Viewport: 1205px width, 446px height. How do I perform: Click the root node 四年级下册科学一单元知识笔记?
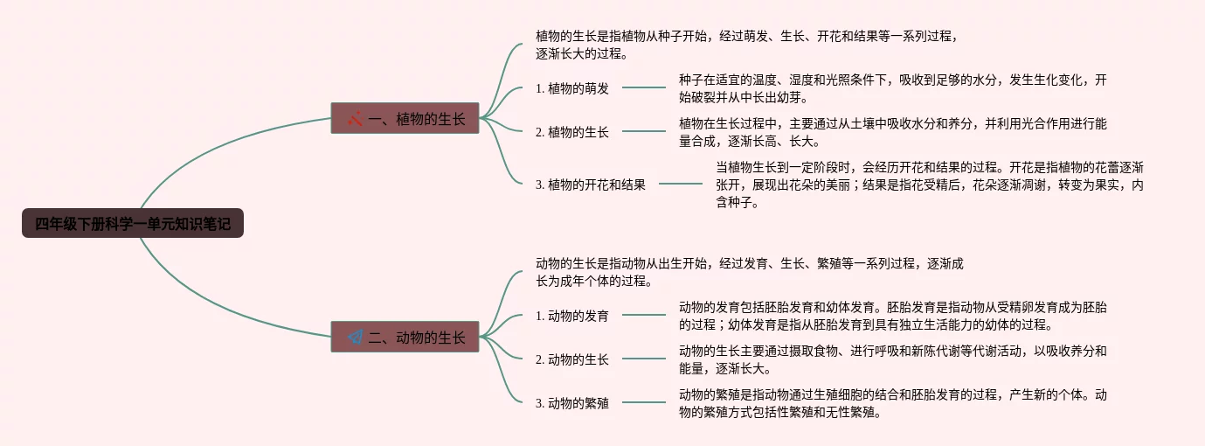click(x=133, y=224)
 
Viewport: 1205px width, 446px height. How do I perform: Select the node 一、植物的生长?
click(x=405, y=118)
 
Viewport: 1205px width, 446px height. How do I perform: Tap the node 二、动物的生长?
click(x=405, y=337)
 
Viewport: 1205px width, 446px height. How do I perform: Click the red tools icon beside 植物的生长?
click(x=355, y=118)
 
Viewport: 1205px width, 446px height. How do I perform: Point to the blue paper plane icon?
click(x=355, y=337)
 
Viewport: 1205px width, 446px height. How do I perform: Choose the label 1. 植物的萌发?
click(x=572, y=87)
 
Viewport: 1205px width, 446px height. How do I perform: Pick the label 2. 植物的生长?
click(x=572, y=132)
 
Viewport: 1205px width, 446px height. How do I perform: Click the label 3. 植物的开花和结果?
click(x=591, y=185)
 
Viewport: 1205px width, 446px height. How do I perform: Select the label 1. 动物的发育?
click(x=572, y=315)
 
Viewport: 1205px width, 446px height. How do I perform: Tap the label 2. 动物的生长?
click(x=572, y=359)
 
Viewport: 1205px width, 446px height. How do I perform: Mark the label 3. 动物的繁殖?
click(x=572, y=403)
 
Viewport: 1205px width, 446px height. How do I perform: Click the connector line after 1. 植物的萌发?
click(x=644, y=87)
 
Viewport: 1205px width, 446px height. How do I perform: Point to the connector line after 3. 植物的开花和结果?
click(x=681, y=184)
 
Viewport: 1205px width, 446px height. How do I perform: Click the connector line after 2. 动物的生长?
click(x=644, y=359)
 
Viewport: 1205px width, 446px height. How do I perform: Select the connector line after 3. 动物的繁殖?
click(x=644, y=402)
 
